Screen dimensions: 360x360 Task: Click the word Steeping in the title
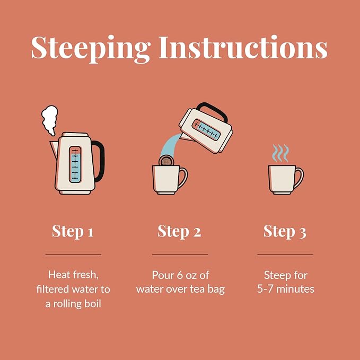click(91, 49)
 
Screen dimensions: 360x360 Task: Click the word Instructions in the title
click(243, 47)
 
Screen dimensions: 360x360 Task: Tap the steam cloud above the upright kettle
click(50, 120)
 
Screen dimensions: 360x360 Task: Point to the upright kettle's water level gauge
click(75, 164)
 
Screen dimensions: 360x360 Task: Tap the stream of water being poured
click(170, 145)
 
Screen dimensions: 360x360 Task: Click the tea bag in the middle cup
click(166, 160)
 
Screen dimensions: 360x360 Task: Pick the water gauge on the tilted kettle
click(206, 129)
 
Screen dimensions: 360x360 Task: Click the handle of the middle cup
click(183, 178)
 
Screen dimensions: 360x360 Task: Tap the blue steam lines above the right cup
click(280, 153)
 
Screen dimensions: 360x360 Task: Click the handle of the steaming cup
click(300, 178)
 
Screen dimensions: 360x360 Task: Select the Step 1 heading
click(73, 231)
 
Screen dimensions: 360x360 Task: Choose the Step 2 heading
click(179, 231)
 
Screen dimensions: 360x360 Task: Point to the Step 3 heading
click(285, 231)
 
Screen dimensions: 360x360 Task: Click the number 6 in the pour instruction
click(180, 275)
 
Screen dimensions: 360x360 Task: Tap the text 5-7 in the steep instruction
click(265, 289)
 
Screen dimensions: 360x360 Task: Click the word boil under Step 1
click(93, 303)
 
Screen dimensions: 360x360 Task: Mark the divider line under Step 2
click(180, 254)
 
